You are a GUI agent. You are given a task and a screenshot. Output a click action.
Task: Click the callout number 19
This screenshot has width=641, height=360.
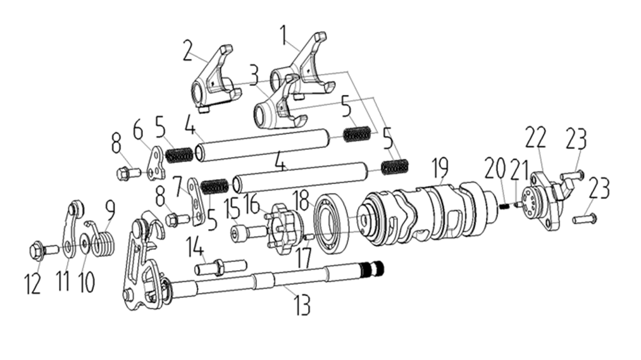point(440,168)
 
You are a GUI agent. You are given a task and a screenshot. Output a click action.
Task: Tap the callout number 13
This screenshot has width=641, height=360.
point(302,304)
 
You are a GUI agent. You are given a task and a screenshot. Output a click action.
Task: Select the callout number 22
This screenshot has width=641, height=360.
point(535,138)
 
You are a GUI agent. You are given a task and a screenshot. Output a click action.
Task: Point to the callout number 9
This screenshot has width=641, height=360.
point(110,209)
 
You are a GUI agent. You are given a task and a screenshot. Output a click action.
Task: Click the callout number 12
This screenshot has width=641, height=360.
point(33,284)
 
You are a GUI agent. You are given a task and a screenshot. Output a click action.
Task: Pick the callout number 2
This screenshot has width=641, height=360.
point(188,51)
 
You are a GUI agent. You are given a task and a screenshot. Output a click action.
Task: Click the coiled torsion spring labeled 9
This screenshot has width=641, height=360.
point(103,242)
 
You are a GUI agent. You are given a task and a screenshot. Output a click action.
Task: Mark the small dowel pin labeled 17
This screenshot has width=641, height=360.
point(310,237)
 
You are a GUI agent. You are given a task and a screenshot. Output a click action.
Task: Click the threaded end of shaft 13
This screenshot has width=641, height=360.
point(374,268)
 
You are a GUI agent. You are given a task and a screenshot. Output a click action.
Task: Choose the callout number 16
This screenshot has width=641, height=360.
point(252,204)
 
